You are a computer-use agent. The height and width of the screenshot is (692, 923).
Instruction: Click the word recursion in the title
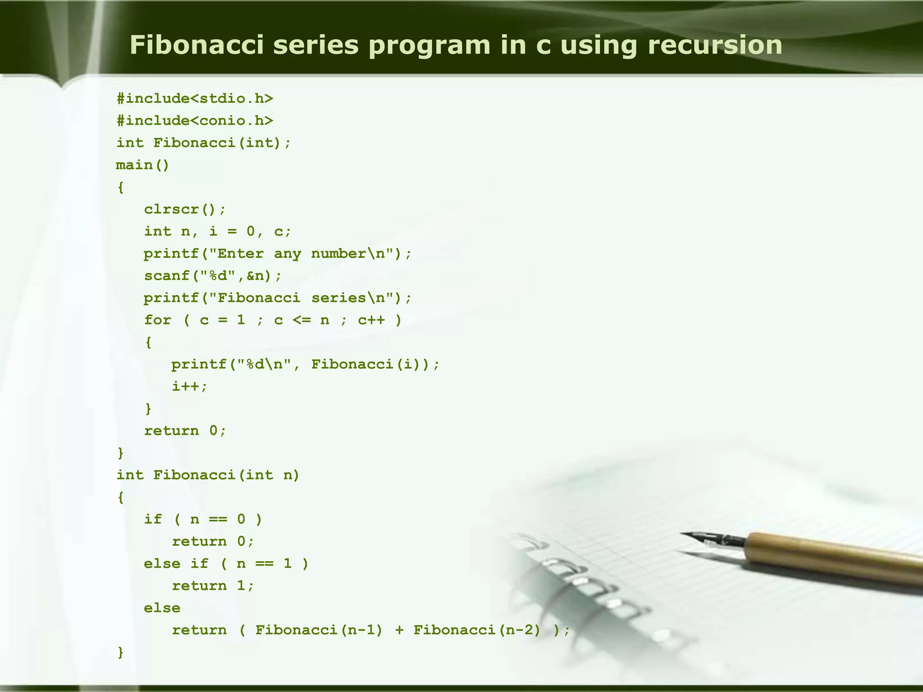(x=715, y=46)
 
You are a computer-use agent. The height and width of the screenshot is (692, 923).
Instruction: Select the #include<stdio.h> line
(x=195, y=99)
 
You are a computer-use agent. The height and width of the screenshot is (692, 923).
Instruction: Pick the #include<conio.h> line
(x=195, y=121)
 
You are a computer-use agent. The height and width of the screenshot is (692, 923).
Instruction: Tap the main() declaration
(x=142, y=165)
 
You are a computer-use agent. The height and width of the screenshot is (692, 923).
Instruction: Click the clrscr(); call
(x=185, y=209)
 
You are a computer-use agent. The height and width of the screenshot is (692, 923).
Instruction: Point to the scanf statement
(x=213, y=276)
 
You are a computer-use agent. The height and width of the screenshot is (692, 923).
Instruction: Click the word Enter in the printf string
(x=240, y=254)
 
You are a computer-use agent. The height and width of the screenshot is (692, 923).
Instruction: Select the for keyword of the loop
(x=157, y=320)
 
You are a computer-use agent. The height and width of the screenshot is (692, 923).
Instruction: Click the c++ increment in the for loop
(x=371, y=320)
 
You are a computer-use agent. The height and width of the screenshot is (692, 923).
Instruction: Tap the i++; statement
(x=190, y=387)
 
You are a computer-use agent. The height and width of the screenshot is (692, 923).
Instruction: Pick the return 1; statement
(x=213, y=586)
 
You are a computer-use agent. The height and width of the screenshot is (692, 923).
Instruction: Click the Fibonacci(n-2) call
(x=477, y=630)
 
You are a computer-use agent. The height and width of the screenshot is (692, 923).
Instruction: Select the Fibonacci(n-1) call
(x=319, y=630)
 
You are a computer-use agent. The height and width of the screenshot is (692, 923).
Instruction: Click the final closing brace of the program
(x=120, y=652)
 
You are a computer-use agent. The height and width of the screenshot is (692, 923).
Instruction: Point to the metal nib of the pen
(x=712, y=538)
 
